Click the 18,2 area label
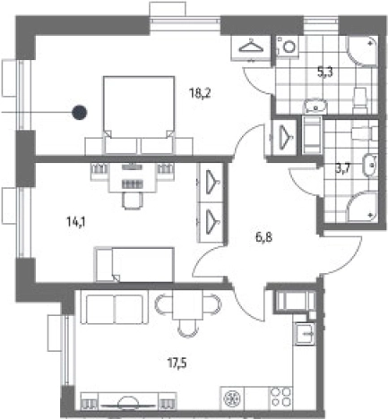pyautogui.click(x=200, y=93)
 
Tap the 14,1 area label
pyautogui.click(x=76, y=222)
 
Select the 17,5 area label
pyautogui.click(x=177, y=363)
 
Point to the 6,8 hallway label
pyautogui.click(x=263, y=237)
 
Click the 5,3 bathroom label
pyautogui.click(x=325, y=72)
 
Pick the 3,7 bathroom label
pyautogui.click(x=342, y=169)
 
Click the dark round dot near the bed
pyautogui.click(x=79, y=113)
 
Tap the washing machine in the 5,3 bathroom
pyautogui.click(x=288, y=46)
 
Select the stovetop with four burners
pyautogui.click(x=281, y=398)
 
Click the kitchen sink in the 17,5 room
pyautogui.click(x=305, y=334)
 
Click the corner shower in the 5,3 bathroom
pyautogui.click(x=362, y=50)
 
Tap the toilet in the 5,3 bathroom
pyautogui.click(x=359, y=100)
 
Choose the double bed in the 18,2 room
pyautogui.click(x=139, y=115)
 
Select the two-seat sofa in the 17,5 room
pyautogui.click(x=115, y=309)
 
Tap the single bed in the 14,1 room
pyautogui.click(x=134, y=265)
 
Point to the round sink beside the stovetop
pyautogui.click(x=232, y=398)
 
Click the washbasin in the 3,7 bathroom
pyautogui.click(x=370, y=165)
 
